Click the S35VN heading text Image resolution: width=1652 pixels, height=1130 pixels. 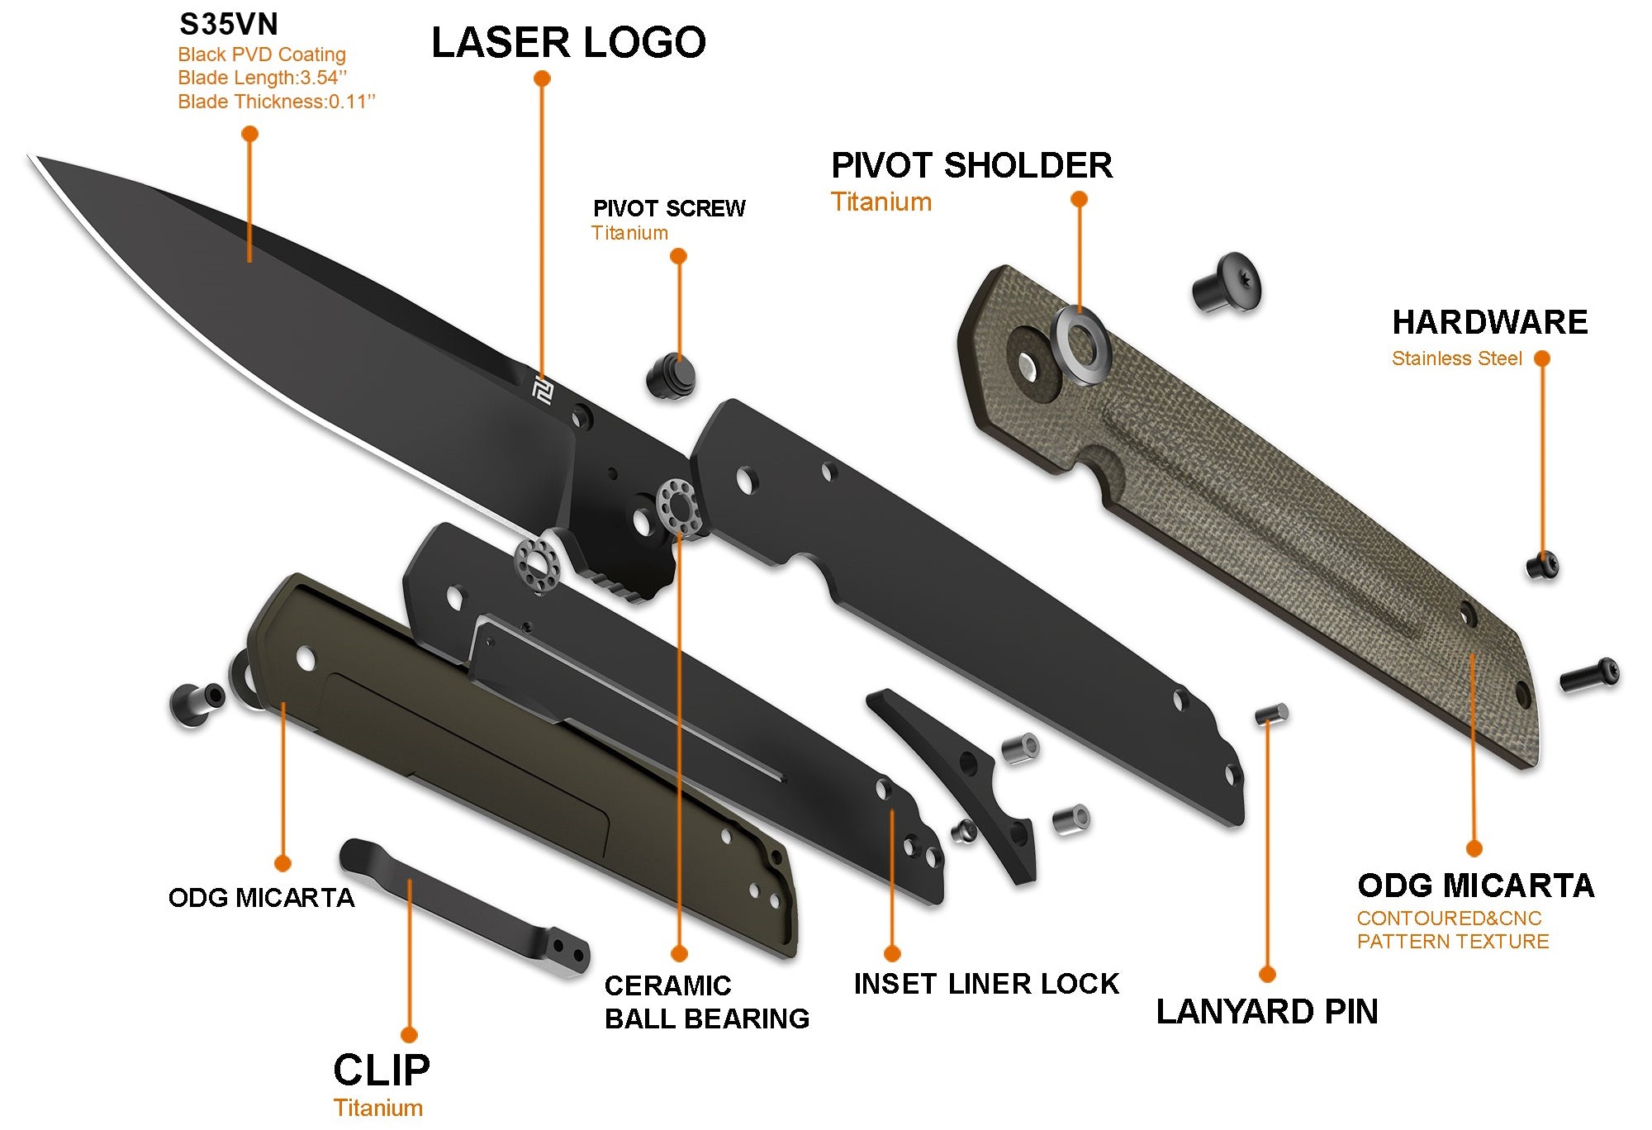(229, 25)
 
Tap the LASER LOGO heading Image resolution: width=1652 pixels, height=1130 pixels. (568, 43)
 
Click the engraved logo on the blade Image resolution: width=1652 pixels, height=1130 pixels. (542, 392)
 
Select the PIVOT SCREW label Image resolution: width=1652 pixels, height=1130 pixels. (669, 208)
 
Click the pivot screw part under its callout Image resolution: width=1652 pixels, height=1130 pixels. (671, 377)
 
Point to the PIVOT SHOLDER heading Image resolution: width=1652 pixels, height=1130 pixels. (971, 166)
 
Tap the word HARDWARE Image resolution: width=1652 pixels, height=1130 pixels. (1489, 322)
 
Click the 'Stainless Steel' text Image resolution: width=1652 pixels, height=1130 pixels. (1456, 358)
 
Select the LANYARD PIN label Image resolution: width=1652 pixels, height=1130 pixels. (1267, 1012)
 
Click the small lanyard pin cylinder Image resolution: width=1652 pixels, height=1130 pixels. (1271, 714)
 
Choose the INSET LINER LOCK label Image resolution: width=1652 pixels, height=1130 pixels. (986, 984)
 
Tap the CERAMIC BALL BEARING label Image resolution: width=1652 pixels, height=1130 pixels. (706, 1002)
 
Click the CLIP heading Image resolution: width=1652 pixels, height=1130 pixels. (382, 1071)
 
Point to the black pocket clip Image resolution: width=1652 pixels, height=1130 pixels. (463, 909)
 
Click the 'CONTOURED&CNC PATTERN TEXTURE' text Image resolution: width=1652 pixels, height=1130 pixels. (1452, 930)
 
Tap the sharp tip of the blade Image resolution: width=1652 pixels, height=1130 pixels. (33, 158)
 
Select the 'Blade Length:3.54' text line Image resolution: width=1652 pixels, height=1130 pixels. (262, 78)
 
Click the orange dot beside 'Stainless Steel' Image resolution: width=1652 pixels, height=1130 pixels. (1541, 358)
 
